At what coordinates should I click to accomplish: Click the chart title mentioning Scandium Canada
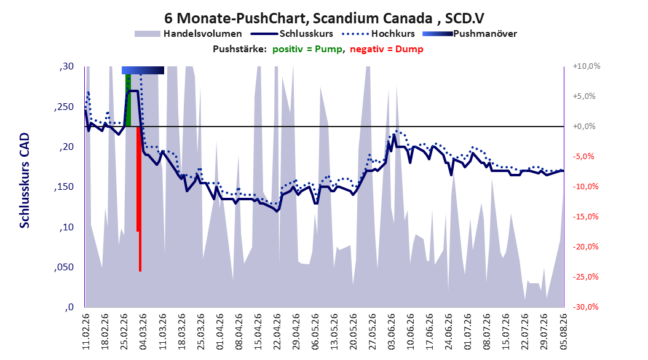(324, 18)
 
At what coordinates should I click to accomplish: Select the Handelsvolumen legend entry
(188, 34)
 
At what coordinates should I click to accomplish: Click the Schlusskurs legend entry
(292, 34)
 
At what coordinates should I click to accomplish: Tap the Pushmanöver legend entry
(470, 34)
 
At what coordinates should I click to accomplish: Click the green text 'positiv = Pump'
(307, 49)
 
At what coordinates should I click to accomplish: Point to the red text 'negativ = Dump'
(387, 49)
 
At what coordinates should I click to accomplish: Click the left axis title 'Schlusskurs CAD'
(25, 181)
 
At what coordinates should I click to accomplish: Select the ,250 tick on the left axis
(64, 107)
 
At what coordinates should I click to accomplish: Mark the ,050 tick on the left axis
(64, 267)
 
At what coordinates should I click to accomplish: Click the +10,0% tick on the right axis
(587, 66)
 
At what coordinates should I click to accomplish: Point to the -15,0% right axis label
(585, 217)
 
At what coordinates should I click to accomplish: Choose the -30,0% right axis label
(585, 307)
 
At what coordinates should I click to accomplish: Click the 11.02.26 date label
(86, 332)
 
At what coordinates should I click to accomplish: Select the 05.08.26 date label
(563, 332)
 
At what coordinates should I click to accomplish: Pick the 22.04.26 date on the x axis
(277, 332)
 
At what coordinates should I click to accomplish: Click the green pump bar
(128, 100)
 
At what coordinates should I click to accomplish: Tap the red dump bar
(140, 198)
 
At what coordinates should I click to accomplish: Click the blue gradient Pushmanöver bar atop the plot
(143, 70)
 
